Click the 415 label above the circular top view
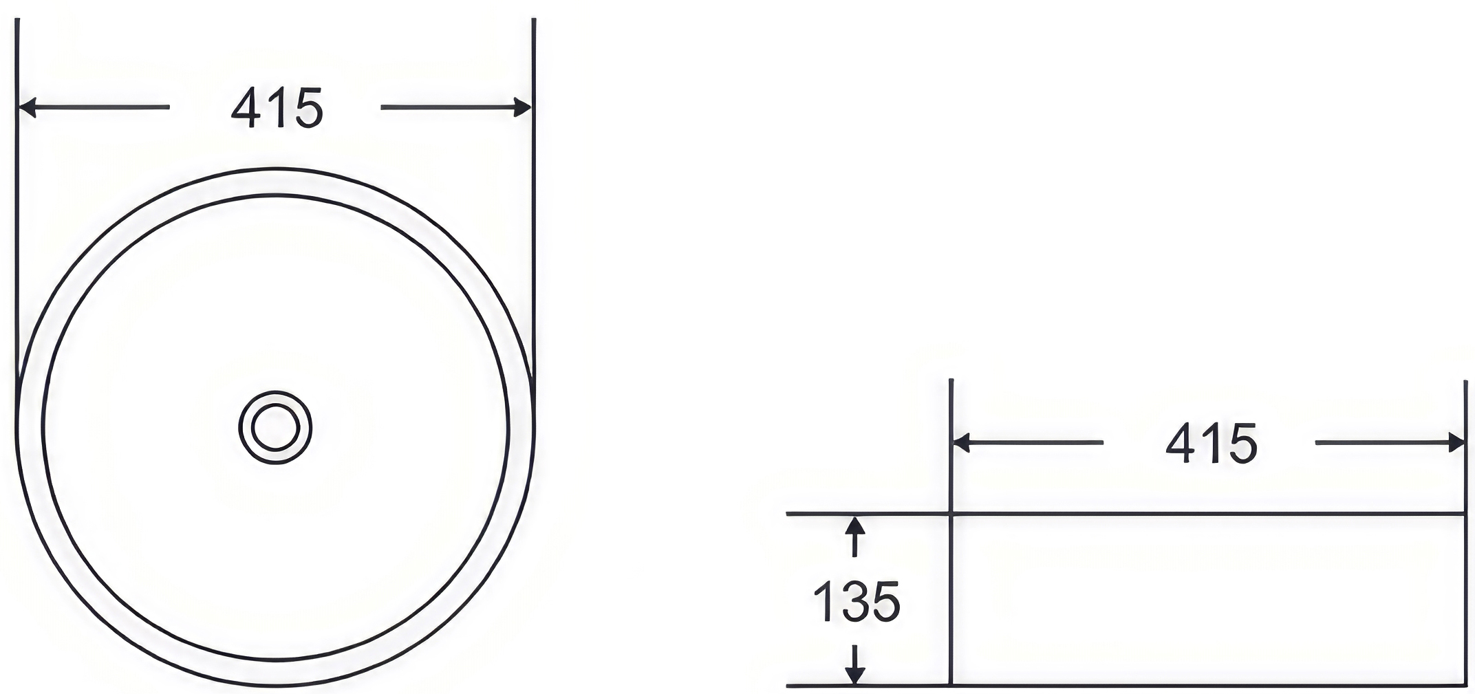click(x=277, y=108)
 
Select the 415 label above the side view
click(x=1212, y=444)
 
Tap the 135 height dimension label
click(x=856, y=601)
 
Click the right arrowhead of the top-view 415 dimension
click(x=523, y=107)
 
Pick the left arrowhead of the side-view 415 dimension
click(x=961, y=443)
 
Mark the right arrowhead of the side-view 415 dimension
click(x=1456, y=443)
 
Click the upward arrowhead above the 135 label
click(x=854, y=525)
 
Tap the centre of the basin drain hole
click(x=275, y=428)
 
